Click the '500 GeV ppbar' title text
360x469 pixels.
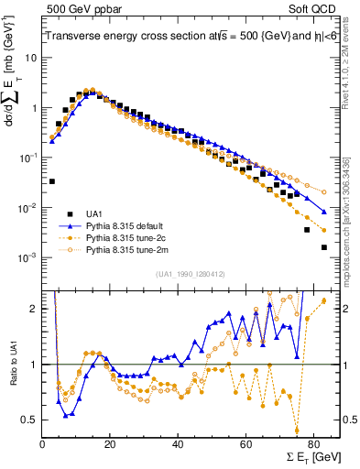81,8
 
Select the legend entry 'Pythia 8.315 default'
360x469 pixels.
125,224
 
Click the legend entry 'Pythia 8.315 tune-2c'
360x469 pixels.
125,236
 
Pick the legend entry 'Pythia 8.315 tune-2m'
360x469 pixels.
125,249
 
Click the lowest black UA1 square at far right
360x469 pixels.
324,247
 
